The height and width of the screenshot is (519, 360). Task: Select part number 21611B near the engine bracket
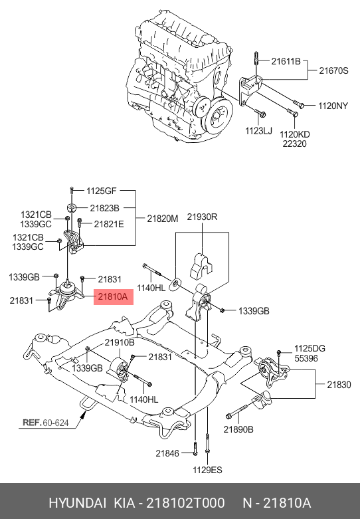[286, 61]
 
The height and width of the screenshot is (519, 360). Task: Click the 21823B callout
[105, 208]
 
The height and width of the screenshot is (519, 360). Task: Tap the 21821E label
[108, 224]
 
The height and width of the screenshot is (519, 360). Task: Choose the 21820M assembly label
[162, 217]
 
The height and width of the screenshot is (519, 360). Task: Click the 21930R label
[202, 217]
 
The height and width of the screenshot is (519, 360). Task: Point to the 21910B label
[119, 343]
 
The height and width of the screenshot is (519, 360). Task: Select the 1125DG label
[310, 349]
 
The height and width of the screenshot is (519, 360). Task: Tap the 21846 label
[167, 453]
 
